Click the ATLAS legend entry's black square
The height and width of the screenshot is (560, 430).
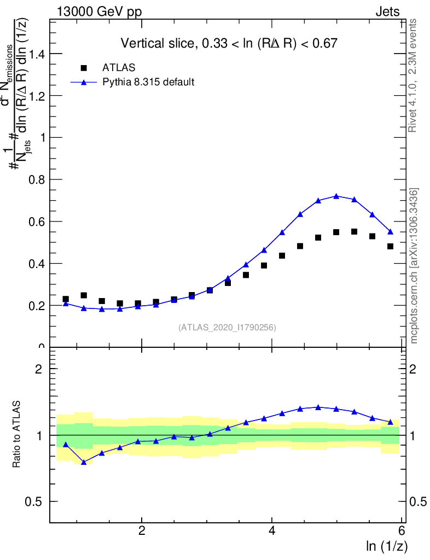[x=84, y=68]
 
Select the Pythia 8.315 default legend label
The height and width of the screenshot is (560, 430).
[x=148, y=83]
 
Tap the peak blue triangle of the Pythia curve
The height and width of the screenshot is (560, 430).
[x=336, y=196]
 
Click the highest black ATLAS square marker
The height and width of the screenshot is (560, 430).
[x=354, y=232]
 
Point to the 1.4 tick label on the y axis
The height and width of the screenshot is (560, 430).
[x=35, y=54]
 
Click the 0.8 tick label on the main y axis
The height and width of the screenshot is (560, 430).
[x=35, y=179]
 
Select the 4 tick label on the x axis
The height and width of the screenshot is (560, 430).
[x=272, y=531]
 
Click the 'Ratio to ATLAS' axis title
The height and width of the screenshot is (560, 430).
[x=16, y=435]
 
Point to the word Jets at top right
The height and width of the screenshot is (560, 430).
[x=387, y=11]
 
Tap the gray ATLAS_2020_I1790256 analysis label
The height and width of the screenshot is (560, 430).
[x=227, y=328]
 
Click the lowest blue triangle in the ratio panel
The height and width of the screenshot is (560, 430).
[x=84, y=462]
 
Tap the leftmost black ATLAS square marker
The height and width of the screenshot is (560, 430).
[x=66, y=299]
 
